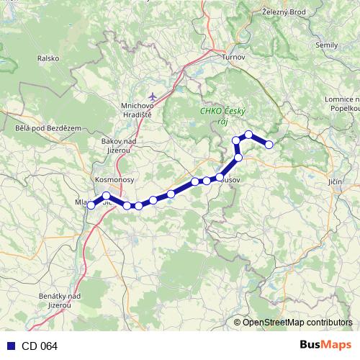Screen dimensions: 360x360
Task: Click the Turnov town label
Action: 234,57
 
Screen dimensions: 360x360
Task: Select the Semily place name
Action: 327,45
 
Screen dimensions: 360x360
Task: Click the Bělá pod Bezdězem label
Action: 37,127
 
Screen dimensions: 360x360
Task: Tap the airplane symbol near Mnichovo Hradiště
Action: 152,95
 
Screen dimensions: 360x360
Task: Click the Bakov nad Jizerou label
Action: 119,145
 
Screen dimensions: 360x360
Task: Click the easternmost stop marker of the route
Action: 269,145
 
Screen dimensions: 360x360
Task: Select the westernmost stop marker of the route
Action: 91,205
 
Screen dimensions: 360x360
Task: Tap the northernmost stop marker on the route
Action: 248,134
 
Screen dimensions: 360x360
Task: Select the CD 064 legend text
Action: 40,346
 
